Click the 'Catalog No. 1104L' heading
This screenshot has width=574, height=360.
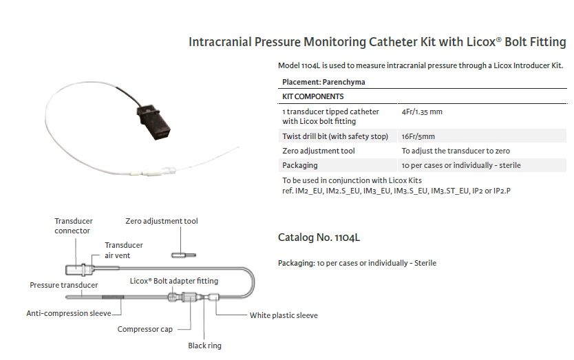point(319,238)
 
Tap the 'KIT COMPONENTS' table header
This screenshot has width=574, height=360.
point(313,96)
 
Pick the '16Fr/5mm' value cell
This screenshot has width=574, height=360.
point(418,136)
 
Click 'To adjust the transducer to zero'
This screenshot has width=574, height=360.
point(456,151)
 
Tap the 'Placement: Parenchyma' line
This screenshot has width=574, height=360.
point(321,82)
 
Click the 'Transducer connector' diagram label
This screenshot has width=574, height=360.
point(74,226)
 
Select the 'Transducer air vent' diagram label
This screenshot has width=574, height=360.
point(124,250)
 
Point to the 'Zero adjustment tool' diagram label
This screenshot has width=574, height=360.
point(162,222)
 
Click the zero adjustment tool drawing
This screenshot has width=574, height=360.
point(180,255)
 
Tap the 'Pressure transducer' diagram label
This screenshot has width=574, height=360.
point(64,285)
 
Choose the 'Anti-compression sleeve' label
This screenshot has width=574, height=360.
point(69,313)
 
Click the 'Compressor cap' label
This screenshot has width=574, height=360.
point(145,329)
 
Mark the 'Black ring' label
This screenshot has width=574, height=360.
point(205,346)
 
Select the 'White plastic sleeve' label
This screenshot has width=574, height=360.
point(284,316)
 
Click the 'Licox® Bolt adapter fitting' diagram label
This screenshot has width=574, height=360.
point(174,281)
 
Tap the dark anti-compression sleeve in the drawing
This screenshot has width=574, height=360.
point(113,297)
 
